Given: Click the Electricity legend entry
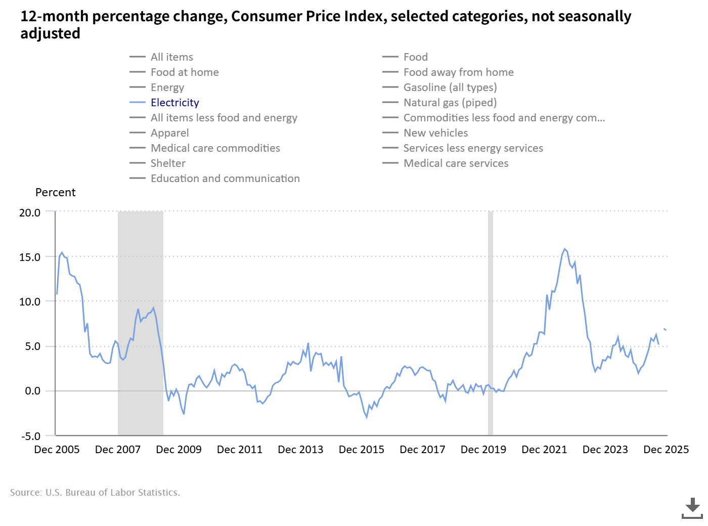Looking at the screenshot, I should [x=174, y=103].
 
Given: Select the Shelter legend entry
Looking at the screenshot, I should [x=168, y=163].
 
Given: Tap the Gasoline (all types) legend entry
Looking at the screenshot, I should [x=450, y=87].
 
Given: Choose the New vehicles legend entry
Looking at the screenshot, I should [x=435, y=133].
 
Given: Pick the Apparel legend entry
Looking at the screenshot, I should [x=169, y=133].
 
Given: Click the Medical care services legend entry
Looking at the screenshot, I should [x=456, y=163].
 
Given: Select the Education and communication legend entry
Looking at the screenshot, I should [x=225, y=179].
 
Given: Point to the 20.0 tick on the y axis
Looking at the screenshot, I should [x=30, y=213].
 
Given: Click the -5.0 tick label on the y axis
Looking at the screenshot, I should [x=30, y=436].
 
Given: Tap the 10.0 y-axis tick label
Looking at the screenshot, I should [x=30, y=302].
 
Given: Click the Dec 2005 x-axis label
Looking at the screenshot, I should [x=57, y=450].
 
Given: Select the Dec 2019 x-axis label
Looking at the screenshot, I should [x=483, y=450].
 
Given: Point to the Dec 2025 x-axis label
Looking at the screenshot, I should [x=666, y=450].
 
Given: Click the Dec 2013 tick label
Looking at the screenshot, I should [x=300, y=450].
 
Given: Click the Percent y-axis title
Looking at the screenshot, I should [x=55, y=193].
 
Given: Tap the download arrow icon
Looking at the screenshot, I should [x=692, y=507].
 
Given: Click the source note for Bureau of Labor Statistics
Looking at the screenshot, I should [x=95, y=493].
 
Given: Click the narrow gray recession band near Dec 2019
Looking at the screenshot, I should [x=491, y=324].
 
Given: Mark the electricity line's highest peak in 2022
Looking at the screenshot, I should [x=565, y=249].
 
